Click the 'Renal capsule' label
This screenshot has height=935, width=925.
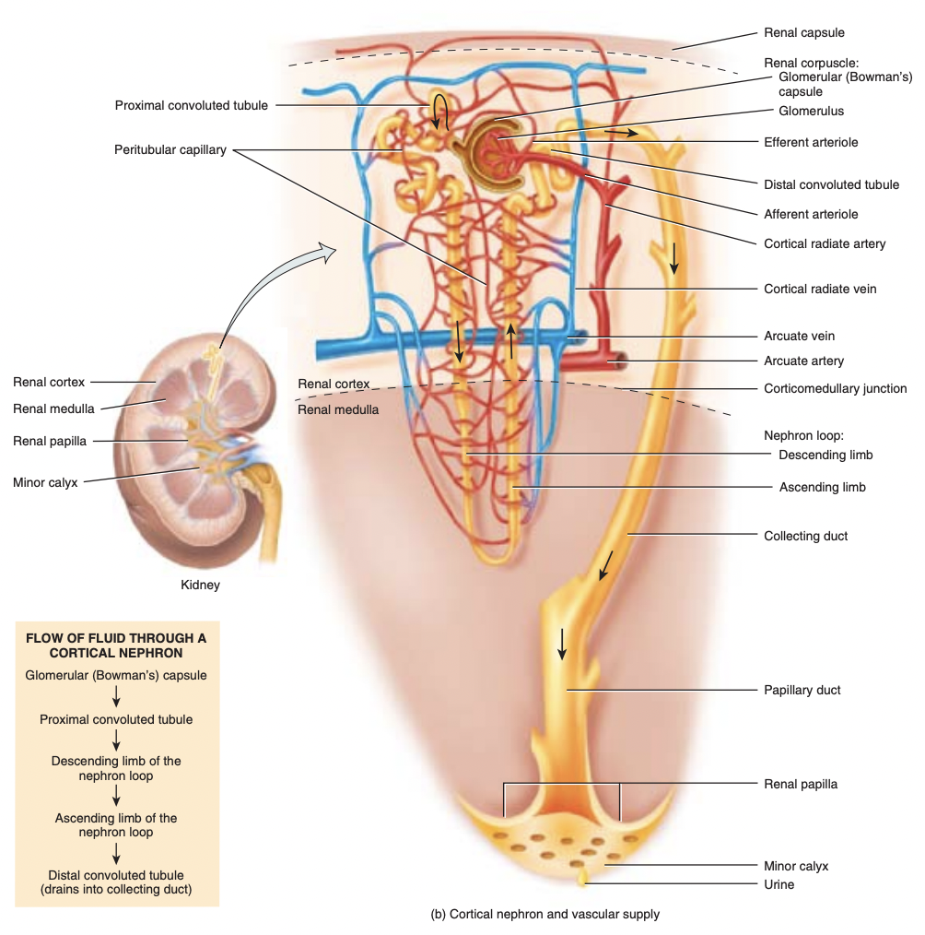coord(803,33)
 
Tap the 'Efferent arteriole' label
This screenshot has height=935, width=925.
coord(811,143)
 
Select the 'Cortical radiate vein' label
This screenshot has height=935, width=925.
coord(820,289)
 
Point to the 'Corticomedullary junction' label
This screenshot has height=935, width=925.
coord(835,389)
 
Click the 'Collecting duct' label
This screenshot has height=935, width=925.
coord(805,536)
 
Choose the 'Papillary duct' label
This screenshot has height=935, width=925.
coord(802,690)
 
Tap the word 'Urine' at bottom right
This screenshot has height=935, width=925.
coord(779,885)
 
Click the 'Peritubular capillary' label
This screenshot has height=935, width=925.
coord(170,150)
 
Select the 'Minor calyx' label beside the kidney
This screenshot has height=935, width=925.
coord(46,481)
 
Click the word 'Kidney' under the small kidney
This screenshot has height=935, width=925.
coord(200,585)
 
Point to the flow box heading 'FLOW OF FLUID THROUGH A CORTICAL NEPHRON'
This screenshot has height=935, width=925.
coord(116,645)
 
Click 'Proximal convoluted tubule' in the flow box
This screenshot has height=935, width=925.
coord(116,719)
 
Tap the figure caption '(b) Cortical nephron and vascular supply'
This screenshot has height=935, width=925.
coord(544,915)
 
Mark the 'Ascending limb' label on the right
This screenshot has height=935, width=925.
coord(822,487)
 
